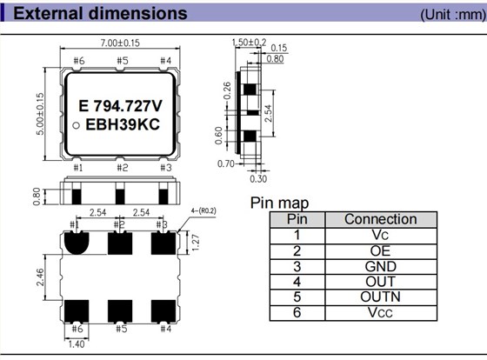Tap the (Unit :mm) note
coord(448,15)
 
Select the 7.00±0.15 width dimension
coord(120,43)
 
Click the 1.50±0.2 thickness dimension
coord(249,42)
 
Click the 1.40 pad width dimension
coord(77,344)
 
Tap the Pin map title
coord(279,203)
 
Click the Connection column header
coord(380,219)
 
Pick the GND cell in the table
coord(380,266)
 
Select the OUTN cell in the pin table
coord(380,297)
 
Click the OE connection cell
coord(380,250)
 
